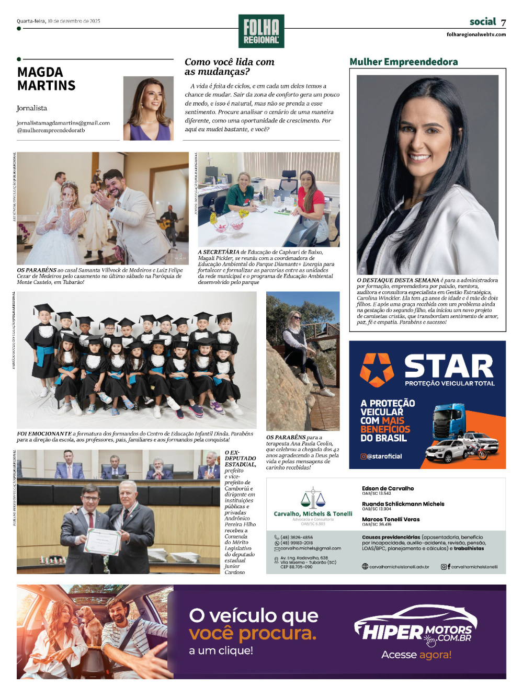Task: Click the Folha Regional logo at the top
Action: tap(261, 31)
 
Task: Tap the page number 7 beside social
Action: tap(503, 22)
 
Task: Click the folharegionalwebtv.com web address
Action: tap(476, 35)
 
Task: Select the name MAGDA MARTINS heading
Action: tap(47, 79)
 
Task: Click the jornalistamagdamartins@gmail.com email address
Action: tap(63, 123)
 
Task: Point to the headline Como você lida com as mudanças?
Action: tap(229, 66)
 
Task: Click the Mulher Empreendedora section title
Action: tap(403, 62)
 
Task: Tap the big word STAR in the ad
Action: tap(449, 366)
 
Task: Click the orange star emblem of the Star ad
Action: tap(377, 369)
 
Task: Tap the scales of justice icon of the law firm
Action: tap(313, 498)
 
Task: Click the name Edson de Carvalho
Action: tap(388, 488)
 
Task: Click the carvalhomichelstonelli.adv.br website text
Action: tap(399, 567)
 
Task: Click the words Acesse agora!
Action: tap(416, 655)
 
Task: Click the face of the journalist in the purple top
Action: tap(149, 99)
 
